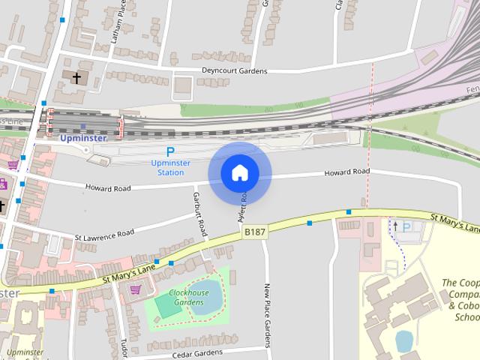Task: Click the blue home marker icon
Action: click(240, 173)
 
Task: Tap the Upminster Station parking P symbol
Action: click(170, 151)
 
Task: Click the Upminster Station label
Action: click(170, 167)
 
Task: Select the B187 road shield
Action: click(255, 232)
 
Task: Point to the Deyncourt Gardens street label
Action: click(234, 71)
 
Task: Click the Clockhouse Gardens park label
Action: click(189, 297)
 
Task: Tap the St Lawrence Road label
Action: click(104, 235)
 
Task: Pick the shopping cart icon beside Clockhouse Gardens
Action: click(136, 289)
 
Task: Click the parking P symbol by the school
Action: click(407, 227)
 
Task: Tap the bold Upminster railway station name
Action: click(82, 138)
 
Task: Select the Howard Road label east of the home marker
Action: click(347, 172)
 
